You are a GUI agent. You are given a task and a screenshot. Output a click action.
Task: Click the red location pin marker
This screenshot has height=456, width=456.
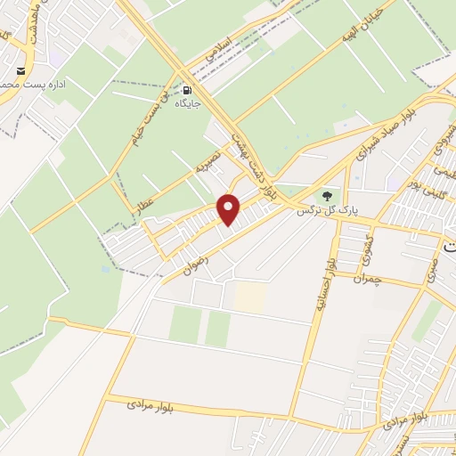[230, 210]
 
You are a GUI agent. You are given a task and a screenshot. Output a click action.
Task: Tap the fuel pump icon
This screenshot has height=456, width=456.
[187, 90]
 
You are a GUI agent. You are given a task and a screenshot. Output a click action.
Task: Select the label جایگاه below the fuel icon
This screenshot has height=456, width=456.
[187, 103]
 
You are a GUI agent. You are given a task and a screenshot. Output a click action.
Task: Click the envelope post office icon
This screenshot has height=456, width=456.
[20, 71]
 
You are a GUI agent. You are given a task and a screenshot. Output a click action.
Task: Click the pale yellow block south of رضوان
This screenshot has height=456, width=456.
[250, 297]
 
